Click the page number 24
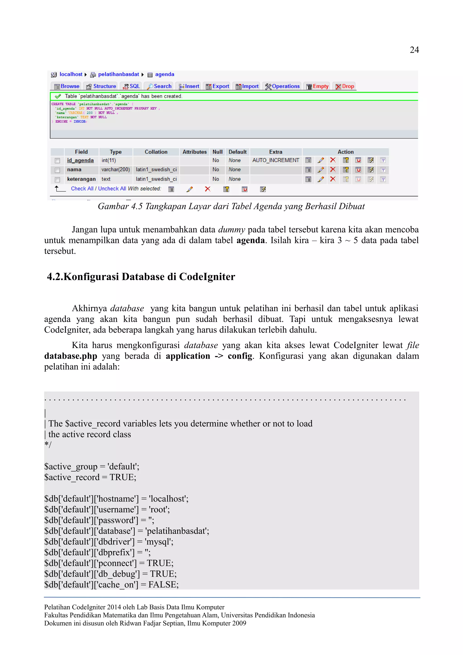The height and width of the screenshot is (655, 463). [414, 50]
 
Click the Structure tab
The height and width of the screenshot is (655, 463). [101, 86]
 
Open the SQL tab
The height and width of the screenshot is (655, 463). [132, 86]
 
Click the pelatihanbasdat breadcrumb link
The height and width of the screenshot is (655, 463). [118, 74]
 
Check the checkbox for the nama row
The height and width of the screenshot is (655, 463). [57, 170]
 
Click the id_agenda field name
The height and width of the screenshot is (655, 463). [80, 160]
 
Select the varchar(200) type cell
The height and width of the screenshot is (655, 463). [116, 170]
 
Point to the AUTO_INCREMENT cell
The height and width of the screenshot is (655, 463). [276, 160]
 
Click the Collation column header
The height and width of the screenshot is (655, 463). [156, 152]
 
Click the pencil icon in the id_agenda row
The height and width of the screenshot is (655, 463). [321, 160]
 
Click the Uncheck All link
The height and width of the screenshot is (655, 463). [112, 188]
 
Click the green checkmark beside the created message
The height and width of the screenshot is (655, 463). [58, 96]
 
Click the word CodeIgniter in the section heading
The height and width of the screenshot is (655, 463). [207, 276]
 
